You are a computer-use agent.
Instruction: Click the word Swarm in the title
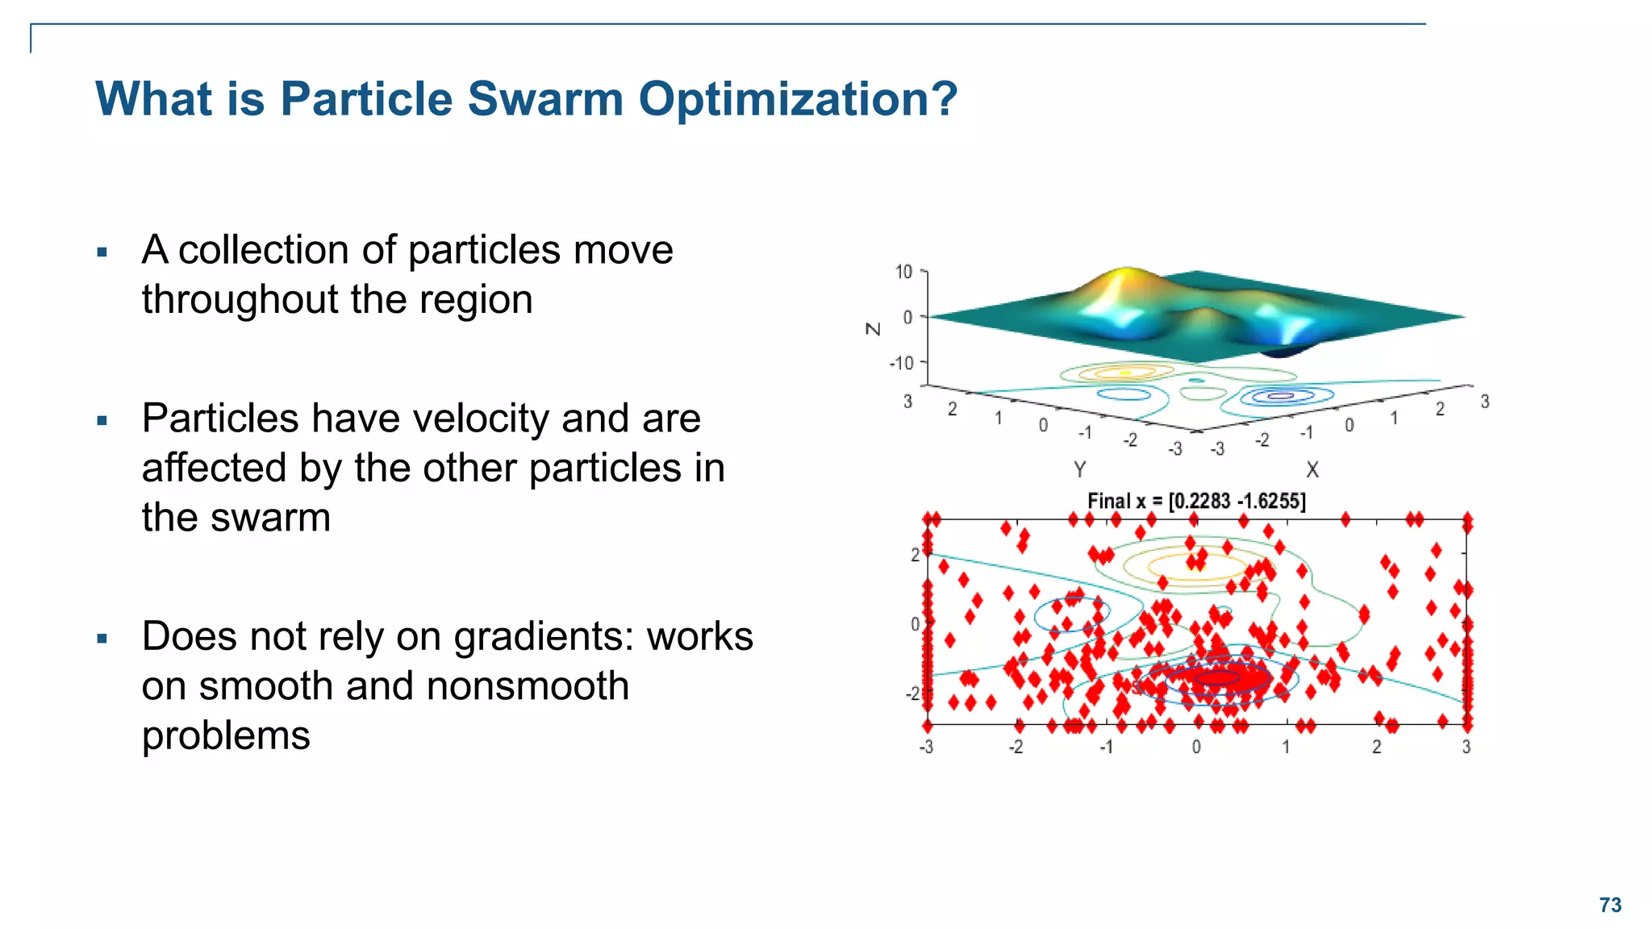tap(544, 99)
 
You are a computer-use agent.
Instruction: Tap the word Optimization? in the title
tap(798, 99)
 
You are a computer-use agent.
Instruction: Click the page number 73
tap(1610, 905)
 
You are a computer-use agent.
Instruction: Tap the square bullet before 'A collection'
tap(102, 252)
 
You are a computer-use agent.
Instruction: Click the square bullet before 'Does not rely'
tap(102, 639)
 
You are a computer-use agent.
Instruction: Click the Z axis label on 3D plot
tap(873, 329)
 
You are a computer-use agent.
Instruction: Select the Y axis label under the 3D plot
tap(1080, 469)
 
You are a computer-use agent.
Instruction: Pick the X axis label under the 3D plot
tap(1312, 469)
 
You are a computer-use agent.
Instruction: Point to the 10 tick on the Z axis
tap(903, 272)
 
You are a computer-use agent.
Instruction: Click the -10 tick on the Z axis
tap(901, 363)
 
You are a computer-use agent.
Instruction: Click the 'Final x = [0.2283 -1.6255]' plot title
tap(1196, 501)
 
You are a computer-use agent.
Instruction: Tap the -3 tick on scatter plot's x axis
tap(926, 747)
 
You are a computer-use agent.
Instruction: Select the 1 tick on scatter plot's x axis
tap(1286, 747)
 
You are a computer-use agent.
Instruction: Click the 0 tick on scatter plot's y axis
tap(915, 624)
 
